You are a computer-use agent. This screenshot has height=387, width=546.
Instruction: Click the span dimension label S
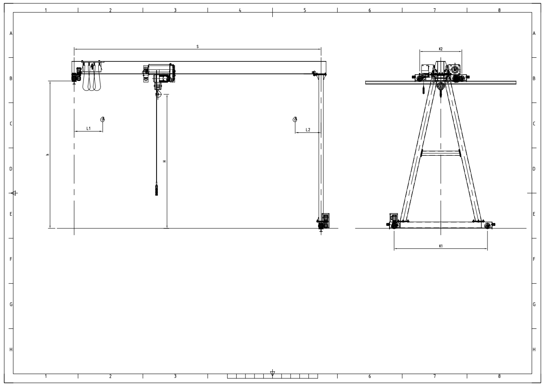pyautogui.click(x=198, y=47)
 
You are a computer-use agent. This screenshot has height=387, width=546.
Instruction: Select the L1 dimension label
pyautogui.click(x=88, y=128)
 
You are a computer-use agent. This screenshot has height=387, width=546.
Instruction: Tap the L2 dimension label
pyautogui.click(x=308, y=130)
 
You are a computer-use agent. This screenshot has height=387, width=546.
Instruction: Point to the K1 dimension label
pyautogui.click(x=441, y=246)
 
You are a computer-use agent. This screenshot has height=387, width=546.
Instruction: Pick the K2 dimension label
pyautogui.click(x=441, y=49)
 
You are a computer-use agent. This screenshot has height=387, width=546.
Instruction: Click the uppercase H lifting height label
pyautogui.click(x=164, y=162)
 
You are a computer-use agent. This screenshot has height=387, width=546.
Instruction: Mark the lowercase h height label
pyautogui.click(x=48, y=154)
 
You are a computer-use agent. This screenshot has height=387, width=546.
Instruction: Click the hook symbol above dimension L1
pyautogui.click(x=103, y=119)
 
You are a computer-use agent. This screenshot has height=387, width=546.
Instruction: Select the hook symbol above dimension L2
pyautogui.click(x=295, y=119)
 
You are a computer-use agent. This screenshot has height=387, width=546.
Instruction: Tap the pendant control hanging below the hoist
pyautogui.click(x=157, y=190)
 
